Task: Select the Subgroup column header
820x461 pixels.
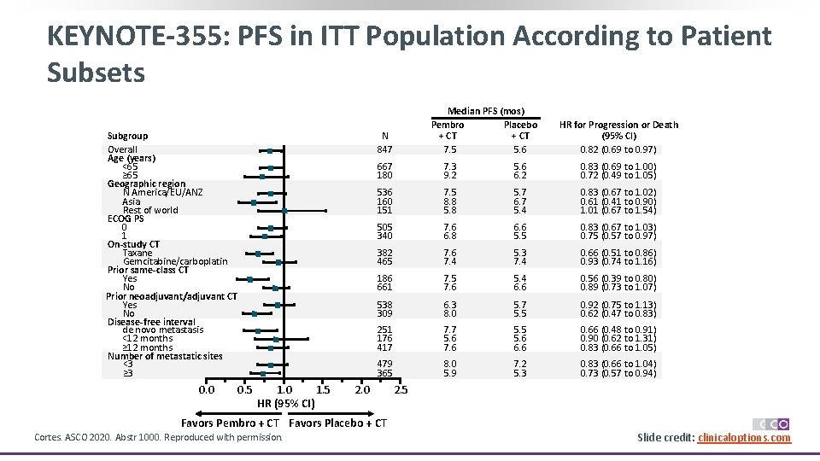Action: pos(127,136)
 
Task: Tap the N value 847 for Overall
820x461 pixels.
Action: pos(385,149)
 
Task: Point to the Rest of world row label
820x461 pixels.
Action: pos(150,210)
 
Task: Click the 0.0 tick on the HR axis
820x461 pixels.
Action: pos(206,390)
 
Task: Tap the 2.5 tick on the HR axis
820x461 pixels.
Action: pos(401,390)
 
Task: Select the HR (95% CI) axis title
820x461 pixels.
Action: pos(286,404)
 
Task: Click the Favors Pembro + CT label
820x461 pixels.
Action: pos(231,423)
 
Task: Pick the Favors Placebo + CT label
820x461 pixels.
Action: pos(338,423)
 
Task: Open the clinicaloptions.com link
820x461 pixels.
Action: pos(744,438)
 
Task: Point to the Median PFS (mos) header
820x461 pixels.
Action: pos(486,111)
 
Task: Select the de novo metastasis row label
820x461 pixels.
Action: pos(163,330)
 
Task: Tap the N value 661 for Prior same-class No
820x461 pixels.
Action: pos(385,287)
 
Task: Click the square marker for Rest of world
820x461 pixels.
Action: pos(284,210)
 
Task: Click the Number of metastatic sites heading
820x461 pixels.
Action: pos(165,356)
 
